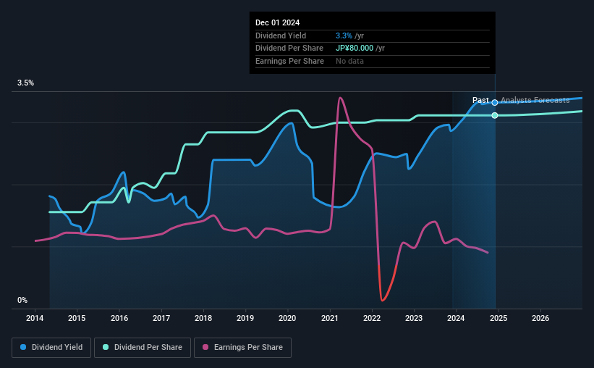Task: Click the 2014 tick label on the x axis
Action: (35, 318)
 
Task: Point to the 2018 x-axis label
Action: (203, 318)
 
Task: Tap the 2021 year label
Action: (330, 318)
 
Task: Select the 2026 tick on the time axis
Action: (540, 318)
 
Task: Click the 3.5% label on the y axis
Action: (25, 83)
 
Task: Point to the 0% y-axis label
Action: (22, 300)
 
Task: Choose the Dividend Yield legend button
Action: (51, 348)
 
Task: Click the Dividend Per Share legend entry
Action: (147, 348)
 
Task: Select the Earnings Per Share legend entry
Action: (242, 348)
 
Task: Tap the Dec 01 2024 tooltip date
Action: (277, 22)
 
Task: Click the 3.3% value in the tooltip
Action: (344, 35)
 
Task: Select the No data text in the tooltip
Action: (349, 61)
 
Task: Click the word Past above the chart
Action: (480, 101)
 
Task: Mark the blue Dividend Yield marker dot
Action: (495, 102)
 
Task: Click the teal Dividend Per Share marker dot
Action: (495, 115)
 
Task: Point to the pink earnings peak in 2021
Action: (340, 98)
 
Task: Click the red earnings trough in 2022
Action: (382, 299)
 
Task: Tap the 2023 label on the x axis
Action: (414, 318)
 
